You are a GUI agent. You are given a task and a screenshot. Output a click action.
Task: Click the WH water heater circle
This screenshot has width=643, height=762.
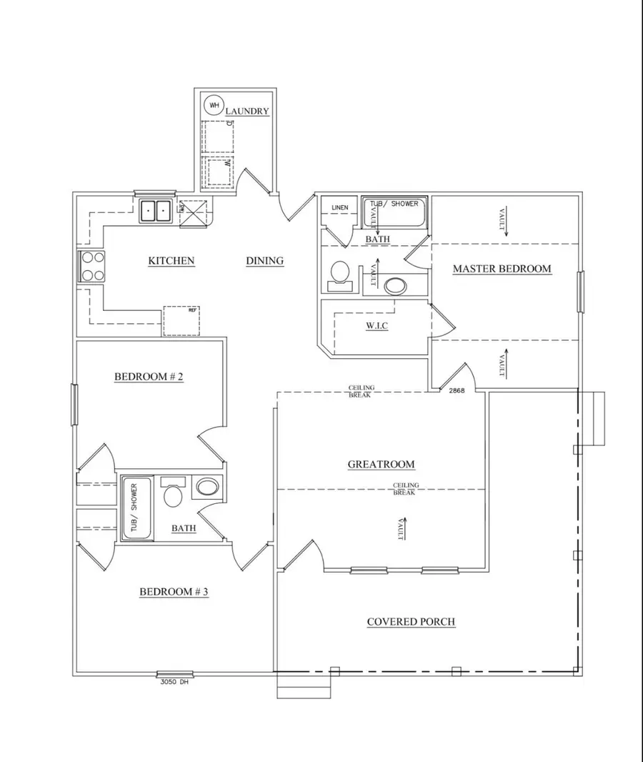point(214,105)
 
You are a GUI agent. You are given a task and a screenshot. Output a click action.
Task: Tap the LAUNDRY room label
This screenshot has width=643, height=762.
point(247,112)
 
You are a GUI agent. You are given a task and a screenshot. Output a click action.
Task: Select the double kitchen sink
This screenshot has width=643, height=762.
point(155,211)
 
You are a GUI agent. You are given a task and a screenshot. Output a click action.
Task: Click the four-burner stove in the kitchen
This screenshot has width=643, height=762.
point(91,267)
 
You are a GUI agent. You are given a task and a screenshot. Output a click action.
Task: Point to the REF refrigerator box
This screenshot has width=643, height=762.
point(181,321)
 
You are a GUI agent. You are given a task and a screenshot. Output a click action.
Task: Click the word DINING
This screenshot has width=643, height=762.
point(265,261)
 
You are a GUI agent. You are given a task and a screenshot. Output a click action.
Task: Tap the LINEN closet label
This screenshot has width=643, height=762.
point(340,208)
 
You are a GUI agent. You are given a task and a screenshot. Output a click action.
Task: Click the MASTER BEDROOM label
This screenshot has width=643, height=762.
point(502,269)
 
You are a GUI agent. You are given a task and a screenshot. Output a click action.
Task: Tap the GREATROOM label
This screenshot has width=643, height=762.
point(381,465)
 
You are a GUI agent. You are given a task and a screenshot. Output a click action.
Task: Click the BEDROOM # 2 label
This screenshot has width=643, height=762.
point(149,377)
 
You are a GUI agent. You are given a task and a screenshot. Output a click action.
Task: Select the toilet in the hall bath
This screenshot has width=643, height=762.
point(172,493)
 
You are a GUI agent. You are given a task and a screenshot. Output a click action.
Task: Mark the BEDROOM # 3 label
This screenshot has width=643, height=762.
point(174,592)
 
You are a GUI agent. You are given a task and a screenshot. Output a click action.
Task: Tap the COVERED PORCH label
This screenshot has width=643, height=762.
point(411,622)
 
